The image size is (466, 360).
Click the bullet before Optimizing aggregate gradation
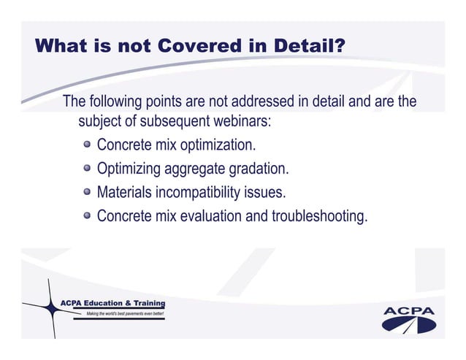tap(88, 169)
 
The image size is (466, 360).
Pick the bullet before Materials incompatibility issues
tap(88, 193)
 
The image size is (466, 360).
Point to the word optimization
tap(218, 145)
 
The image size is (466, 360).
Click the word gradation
tap(257, 169)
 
